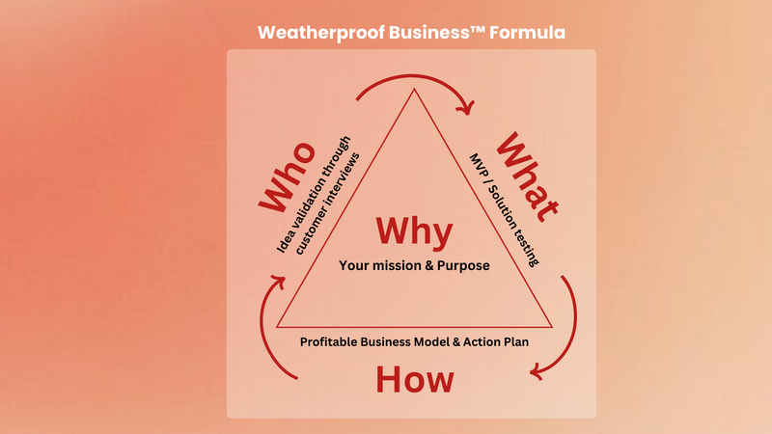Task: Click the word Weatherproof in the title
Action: [321, 33]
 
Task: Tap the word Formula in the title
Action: [527, 33]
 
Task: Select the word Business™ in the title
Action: [437, 33]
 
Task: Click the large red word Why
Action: [414, 231]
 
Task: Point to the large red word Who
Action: [287, 177]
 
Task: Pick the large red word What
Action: [527, 177]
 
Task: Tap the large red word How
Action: [415, 380]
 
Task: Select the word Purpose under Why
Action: [463, 266]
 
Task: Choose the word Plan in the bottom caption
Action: [516, 342]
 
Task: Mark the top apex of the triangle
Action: [414, 89]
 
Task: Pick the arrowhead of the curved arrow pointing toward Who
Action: [279, 282]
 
